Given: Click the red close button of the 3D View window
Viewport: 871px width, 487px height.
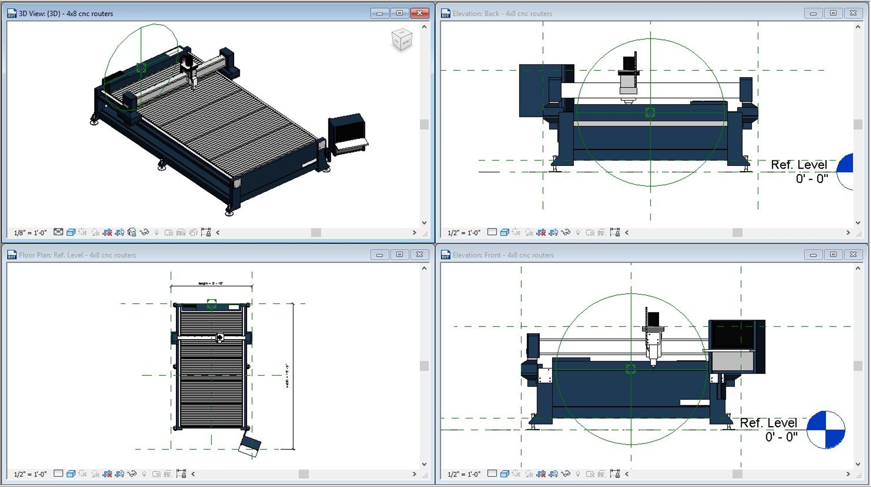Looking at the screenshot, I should (420, 13).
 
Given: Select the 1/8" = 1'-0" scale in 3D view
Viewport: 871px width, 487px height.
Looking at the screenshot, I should (30, 233).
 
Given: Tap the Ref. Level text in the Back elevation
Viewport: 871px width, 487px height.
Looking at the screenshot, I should (799, 165).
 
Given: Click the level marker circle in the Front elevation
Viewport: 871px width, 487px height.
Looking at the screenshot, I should (826, 430).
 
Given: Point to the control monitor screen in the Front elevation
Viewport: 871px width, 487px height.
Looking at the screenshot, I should (732, 336).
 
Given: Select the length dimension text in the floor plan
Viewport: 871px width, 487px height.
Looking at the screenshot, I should (211, 283).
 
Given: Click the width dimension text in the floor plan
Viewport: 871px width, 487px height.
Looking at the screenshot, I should (287, 375).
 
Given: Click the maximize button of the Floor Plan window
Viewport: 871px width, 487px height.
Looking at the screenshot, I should (400, 255).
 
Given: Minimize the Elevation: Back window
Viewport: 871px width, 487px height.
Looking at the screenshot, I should (813, 13).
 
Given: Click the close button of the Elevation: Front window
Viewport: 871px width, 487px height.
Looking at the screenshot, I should (853, 255).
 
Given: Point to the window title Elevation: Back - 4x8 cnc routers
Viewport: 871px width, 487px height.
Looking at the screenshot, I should (502, 14).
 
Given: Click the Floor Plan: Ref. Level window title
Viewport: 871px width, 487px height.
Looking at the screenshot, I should (77, 255).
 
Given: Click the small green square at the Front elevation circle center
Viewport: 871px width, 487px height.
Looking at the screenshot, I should (631, 369).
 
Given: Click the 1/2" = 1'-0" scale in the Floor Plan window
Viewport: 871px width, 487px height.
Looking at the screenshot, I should (30, 474).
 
